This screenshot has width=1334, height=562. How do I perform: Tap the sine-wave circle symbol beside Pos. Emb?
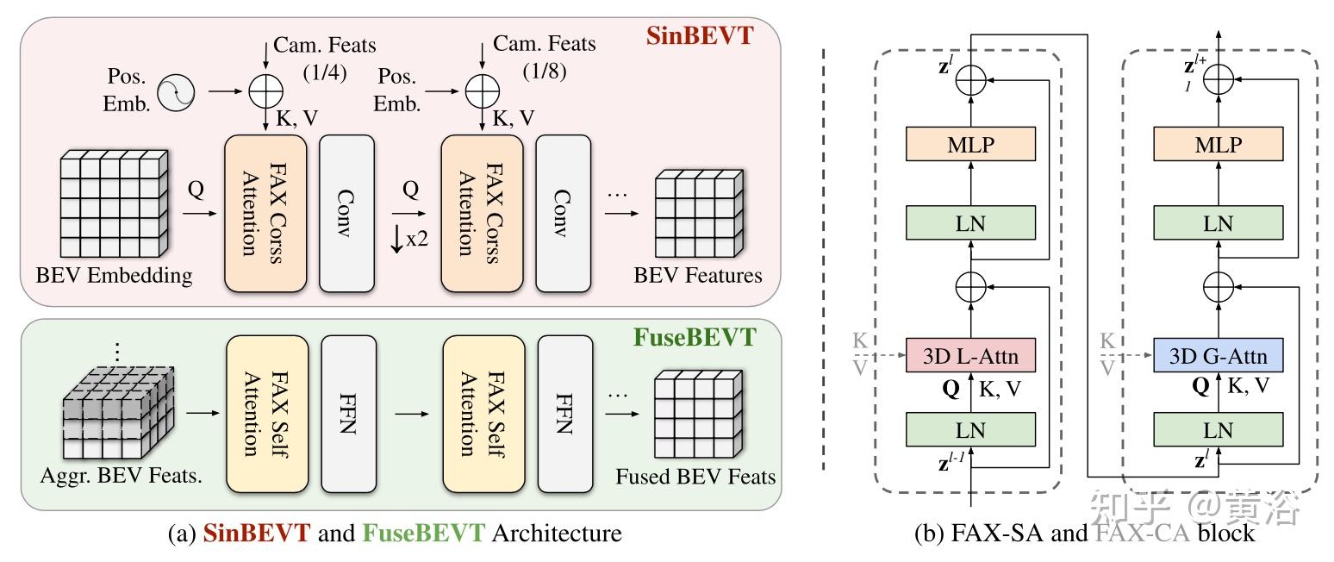point(176,92)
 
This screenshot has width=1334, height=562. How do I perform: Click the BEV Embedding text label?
point(115,276)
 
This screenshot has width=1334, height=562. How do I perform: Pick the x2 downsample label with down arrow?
point(408,239)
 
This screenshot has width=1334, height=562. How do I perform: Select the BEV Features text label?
point(698,276)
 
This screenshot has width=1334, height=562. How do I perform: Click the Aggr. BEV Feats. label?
point(121,476)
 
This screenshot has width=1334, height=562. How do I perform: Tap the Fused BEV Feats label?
point(695,477)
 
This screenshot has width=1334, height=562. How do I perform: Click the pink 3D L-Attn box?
point(970,355)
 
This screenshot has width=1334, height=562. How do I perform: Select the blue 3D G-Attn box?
point(1218,355)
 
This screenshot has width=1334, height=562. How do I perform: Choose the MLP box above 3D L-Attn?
point(970,144)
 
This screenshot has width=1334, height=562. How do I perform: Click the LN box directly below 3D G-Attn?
point(1218,429)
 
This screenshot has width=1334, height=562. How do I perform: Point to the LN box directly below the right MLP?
point(1218,222)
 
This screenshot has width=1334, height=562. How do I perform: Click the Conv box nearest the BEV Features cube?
point(564,213)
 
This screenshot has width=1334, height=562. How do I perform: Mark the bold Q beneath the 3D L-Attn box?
point(951,388)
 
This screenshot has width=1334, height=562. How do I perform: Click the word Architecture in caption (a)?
point(557,534)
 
